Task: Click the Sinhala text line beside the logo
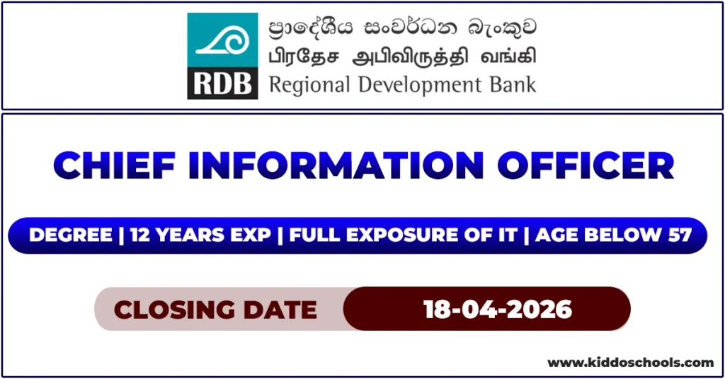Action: (x=402, y=29)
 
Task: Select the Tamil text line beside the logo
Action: (x=402, y=56)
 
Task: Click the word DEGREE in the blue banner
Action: (x=71, y=235)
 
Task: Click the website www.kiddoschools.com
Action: (x=631, y=362)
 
